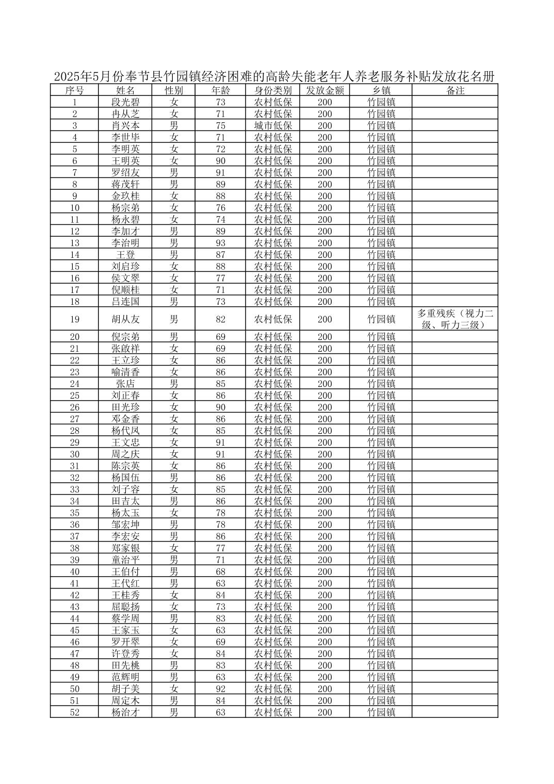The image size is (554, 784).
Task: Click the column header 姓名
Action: click(125, 90)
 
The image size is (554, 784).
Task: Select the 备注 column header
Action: click(455, 90)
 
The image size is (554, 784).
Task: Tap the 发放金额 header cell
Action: click(324, 90)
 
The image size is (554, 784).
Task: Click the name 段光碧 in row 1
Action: click(125, 102)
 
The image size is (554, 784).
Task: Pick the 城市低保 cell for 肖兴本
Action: click(273, 126)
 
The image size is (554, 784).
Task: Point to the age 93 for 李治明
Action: click(221, 243)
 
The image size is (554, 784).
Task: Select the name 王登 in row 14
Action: click(125, 255)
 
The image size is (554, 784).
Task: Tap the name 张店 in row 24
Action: click(125, 384)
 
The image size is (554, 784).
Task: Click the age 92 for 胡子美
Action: click(221, 689)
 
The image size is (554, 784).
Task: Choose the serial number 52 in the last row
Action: click(75, 712)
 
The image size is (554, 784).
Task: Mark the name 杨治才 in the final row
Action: click(125, 712)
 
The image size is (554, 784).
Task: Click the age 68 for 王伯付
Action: click(221, 571)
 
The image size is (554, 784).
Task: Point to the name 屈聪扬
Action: click(125, 607)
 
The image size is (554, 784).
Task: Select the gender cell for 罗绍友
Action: click(174, 173)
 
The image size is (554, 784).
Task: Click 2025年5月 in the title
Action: click(77, 77)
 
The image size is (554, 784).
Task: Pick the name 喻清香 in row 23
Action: click(125, 372)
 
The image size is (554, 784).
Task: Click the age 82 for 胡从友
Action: click(221, 319)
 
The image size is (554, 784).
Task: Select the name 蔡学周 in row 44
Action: click(125, 618)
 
